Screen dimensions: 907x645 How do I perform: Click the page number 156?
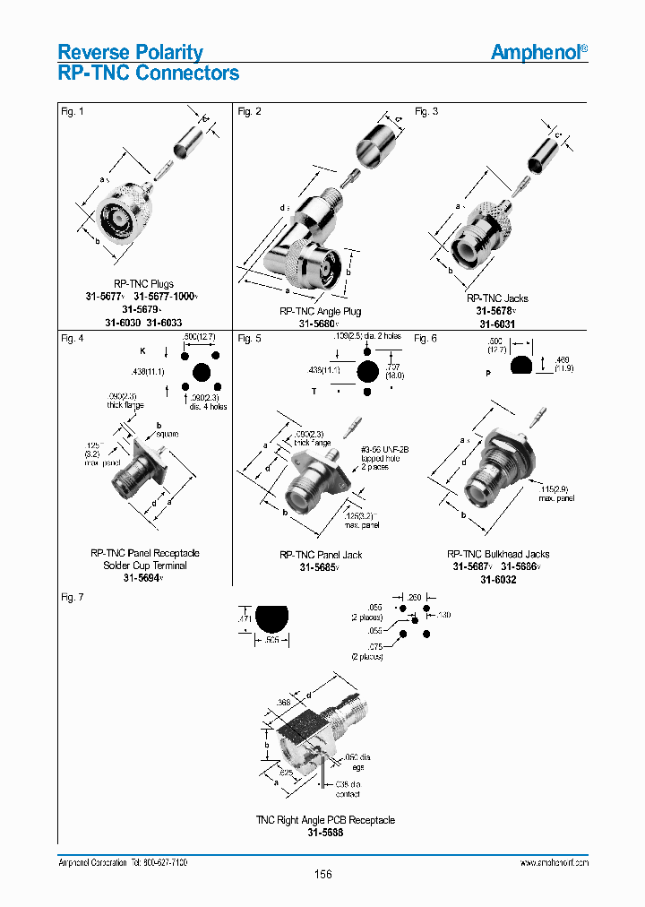pos(322,874)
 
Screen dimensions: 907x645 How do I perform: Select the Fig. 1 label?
pos(71,111)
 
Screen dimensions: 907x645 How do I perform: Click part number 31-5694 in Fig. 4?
pos(143,578)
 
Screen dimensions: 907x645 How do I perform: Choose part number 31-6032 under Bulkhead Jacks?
pos(498,579)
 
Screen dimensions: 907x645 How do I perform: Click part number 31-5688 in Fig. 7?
pos(325,832)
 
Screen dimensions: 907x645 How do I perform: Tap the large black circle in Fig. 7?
pos(272,618)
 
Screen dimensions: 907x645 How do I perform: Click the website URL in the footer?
pos(554,861)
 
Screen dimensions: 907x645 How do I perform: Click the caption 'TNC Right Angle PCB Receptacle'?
pos(325,819)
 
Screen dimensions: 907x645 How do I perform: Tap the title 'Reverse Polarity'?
pos(130,52)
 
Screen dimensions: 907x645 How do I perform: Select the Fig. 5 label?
pos(249,339)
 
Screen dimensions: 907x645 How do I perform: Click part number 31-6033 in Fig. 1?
pos(165,323)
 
